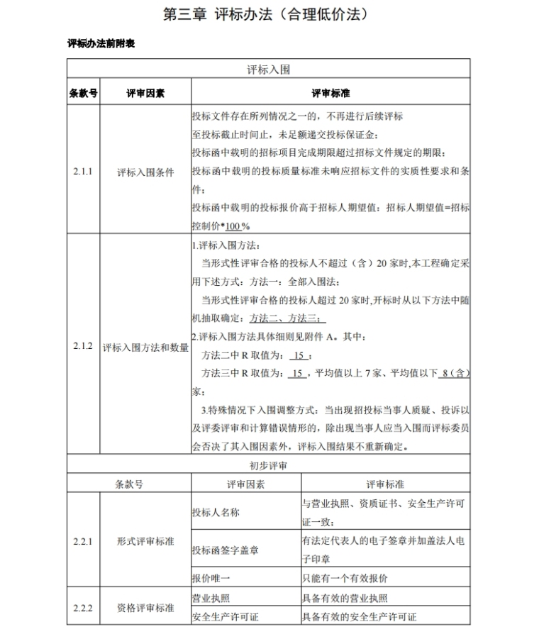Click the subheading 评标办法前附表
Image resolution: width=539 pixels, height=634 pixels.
[x=101, y=44]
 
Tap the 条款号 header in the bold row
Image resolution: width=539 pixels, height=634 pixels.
[x=83, y=93]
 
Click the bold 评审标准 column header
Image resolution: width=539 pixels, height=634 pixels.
[x=330, y=93]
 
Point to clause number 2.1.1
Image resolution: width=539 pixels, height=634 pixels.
[x=83, y=171]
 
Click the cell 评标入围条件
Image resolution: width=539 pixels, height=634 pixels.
[x=145, y=172]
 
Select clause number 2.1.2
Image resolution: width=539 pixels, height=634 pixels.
[x=83, y=346]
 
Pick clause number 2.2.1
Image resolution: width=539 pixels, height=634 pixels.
[x=83, y=541]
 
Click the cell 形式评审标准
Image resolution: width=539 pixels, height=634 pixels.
[x=145, y=541]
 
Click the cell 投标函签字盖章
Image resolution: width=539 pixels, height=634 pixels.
[x=225, y=550]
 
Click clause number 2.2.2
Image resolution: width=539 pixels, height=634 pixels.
[x=83, y=608]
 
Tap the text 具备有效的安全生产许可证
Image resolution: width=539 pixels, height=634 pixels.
[x=360, y=617]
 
